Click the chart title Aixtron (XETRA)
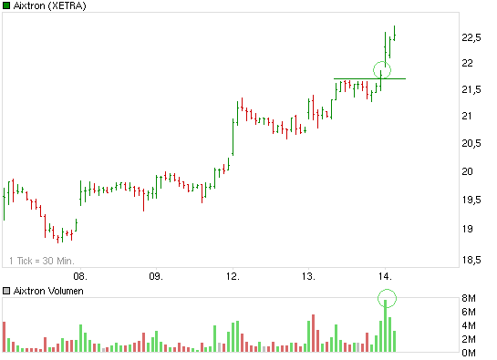point(53,7)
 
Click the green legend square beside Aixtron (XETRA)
point(6,7)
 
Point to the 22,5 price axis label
point(472,37)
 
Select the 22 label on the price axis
point(467,63)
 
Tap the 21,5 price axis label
point(472,89)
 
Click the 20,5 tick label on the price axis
point(472,144)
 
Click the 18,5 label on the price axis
point(472,260)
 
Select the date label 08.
point(80,274)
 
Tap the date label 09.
point(156,274)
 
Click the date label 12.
point(233,274)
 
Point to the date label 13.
point(309,274)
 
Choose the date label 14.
point(385,274)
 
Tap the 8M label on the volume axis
point(468,299)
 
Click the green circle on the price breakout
point(382,69)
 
